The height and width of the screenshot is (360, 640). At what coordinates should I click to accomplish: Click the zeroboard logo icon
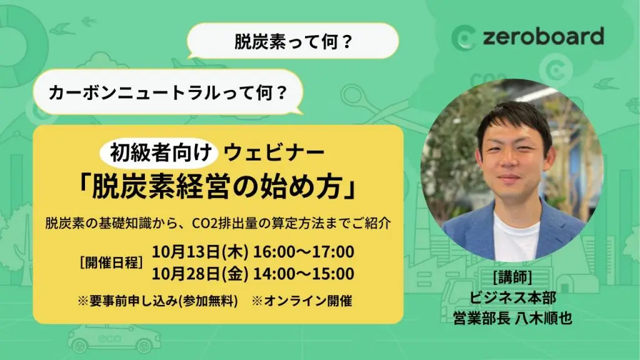tap(463, 38)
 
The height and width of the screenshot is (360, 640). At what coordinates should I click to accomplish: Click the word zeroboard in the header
tap(543, 37)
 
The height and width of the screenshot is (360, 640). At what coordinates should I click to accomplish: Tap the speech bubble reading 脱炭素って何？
tap(292, 41)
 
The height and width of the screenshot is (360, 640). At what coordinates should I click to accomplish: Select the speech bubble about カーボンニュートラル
tap(168, 92)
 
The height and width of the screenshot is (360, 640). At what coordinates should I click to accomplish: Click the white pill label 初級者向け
tap(159, 152)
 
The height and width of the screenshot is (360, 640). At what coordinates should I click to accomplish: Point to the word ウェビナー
tap(274, 153)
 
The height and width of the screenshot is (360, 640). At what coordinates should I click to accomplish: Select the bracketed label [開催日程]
tap(111, 262)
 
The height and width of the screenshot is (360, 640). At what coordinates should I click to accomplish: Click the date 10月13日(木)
tap(200, 251)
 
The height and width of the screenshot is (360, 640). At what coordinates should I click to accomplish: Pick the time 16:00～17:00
tap(304, 251)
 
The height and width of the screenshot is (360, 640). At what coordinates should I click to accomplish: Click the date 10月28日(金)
tap(200, 274)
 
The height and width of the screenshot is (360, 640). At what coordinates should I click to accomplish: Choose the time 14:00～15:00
tap(304, 274)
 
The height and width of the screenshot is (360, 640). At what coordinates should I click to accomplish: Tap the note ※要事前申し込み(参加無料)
tap(157, 301)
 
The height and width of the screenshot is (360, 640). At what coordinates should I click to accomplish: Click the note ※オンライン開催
tap(302, 301)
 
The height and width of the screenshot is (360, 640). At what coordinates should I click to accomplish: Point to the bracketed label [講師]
tap(512, 277)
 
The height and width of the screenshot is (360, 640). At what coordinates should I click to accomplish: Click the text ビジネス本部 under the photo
tap(512, 297)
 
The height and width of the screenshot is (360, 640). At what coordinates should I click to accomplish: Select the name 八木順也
tap(543, 318)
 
